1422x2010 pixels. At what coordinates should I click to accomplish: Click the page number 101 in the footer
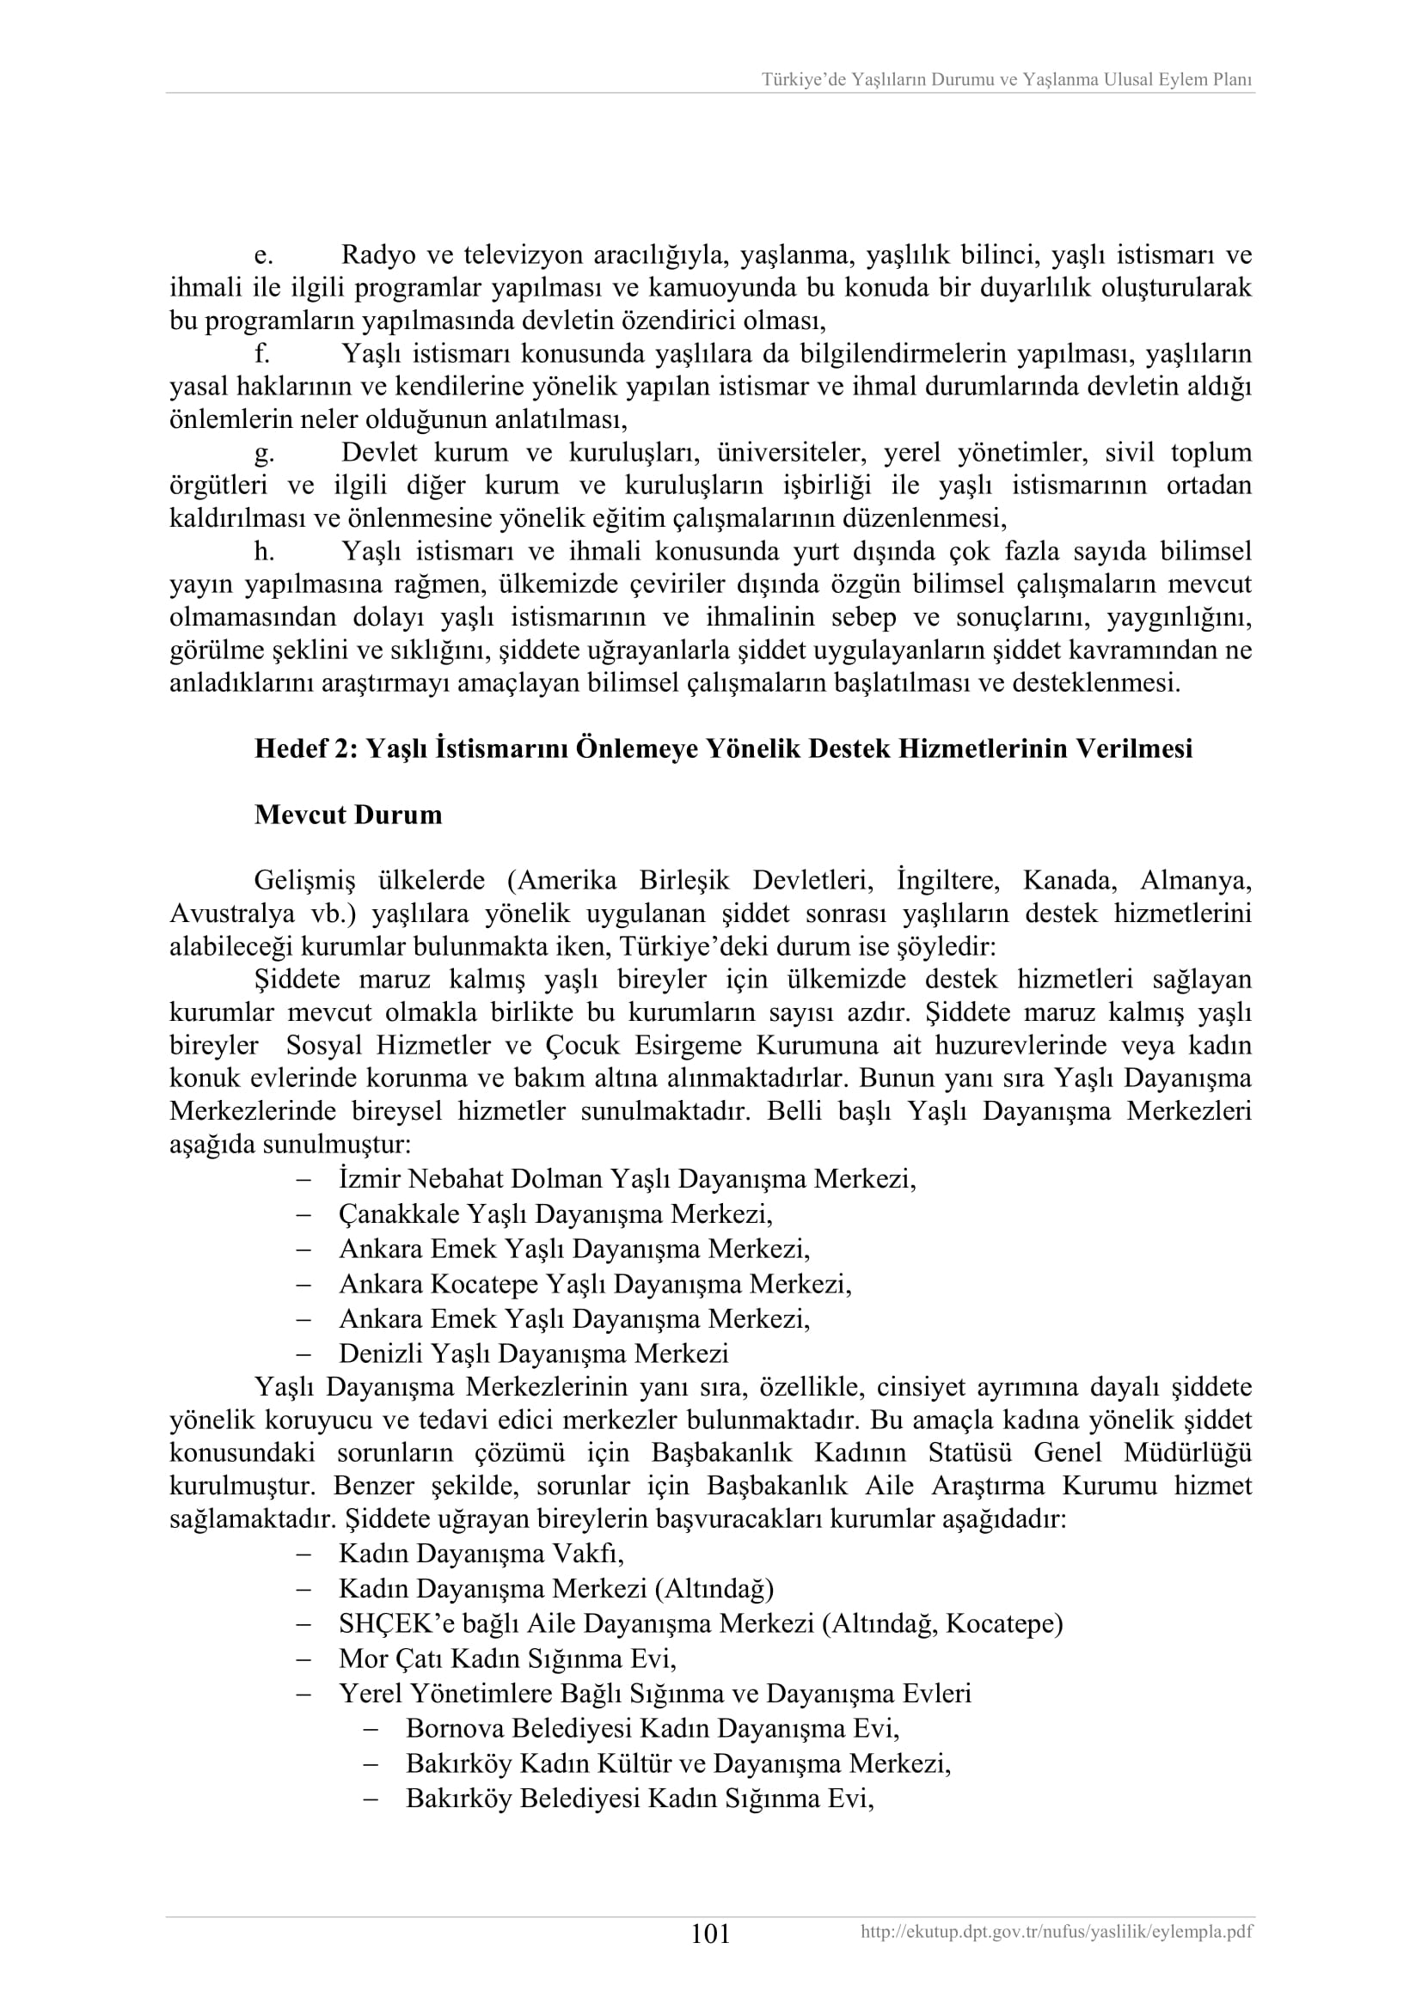click(x=710, y=1934)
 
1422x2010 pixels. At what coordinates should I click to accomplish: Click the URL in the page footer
click(x=1056, y=1932)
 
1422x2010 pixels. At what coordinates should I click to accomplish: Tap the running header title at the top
click(x=1006, y=80)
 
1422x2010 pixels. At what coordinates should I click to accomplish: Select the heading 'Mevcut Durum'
click(x=347, y=815)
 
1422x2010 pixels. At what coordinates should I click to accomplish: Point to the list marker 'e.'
click(x=264, y=255)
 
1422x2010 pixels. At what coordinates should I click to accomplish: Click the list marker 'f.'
click(x=262, y=355)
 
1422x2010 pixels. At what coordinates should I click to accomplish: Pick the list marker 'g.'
click(x=264, y=454)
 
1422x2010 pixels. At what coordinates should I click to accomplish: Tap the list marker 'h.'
click(x=265, y=553)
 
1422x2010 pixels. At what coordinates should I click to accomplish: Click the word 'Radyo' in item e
click(x=377, y=255)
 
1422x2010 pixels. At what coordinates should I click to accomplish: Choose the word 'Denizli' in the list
click(x=382, y=1354)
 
